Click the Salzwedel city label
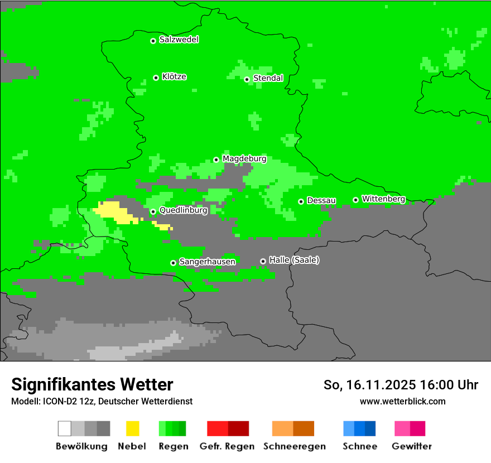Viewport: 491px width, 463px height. (179, 40)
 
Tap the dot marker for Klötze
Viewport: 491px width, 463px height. (156, 78)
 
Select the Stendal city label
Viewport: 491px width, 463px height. (268, 78)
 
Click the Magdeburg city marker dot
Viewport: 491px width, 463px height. (216, 160)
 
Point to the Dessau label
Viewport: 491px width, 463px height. (321, 201)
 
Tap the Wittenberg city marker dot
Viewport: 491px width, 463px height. (355, 200)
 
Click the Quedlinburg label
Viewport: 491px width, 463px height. (183, 210)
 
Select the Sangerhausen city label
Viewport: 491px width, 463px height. (207, 262)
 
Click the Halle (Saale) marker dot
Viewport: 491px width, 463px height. (263, 261)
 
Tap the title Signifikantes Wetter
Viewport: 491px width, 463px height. (92, 384)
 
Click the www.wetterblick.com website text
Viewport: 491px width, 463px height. (403, 401)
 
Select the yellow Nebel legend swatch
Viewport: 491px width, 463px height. (132, 428)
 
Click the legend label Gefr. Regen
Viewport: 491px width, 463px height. (227, 446)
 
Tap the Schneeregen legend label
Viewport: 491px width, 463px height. (295, 446)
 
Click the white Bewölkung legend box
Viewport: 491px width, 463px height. (65, 428)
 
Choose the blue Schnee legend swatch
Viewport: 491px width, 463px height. (359, 428)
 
